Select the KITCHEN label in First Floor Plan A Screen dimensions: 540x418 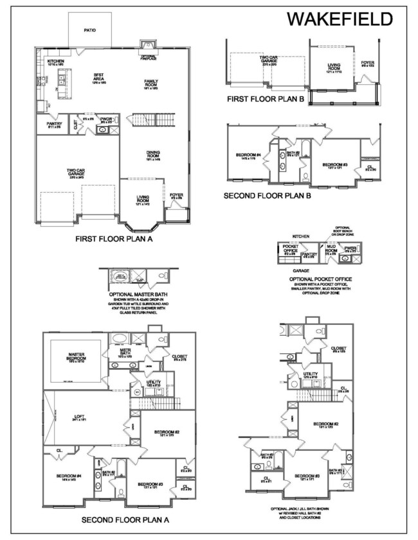[56, 62]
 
